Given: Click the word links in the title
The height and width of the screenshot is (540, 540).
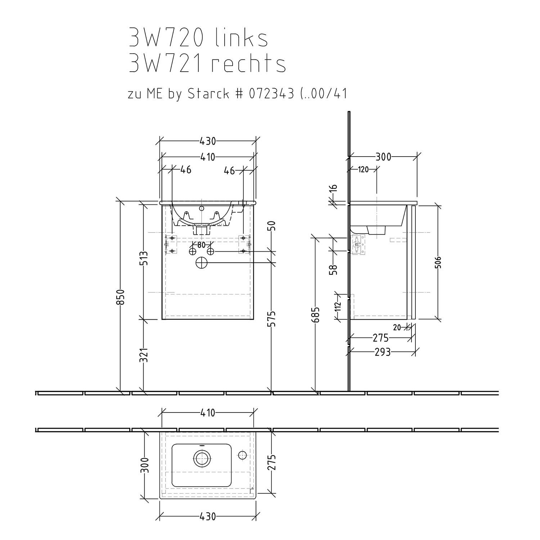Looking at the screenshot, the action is coord(241,38).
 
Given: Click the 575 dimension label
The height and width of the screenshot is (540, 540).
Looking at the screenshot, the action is coord(273,319).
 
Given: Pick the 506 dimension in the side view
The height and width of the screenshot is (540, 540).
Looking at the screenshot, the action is coord(438,263).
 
